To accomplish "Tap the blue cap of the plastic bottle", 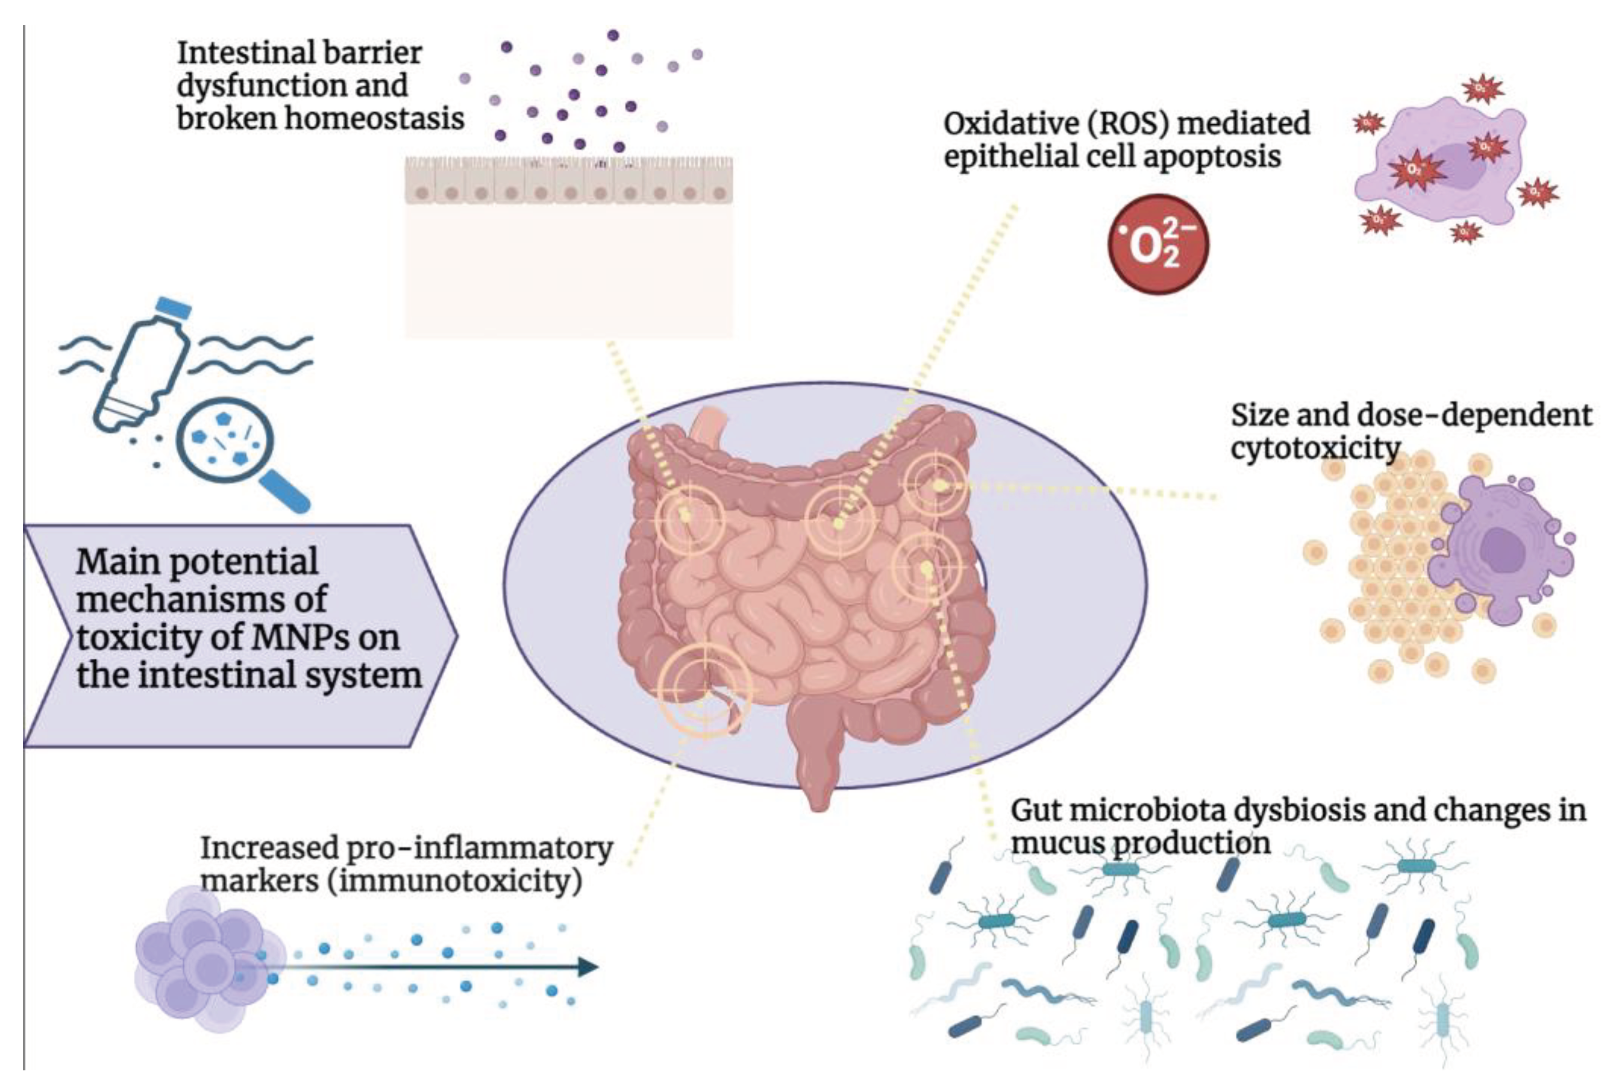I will (x=172, y=309).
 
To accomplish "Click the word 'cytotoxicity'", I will (x=1315, y=449).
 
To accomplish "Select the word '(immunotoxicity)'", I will (x=459, y=881).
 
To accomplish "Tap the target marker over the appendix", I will (x=705, y=688).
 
